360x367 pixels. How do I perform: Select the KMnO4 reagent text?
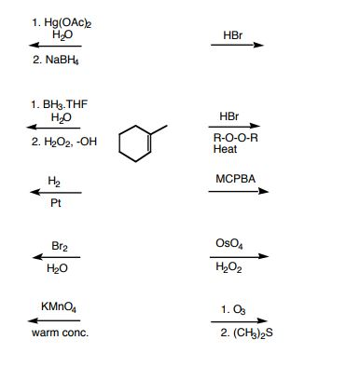click(54, 306)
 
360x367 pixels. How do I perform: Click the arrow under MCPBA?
click(241, 192)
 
